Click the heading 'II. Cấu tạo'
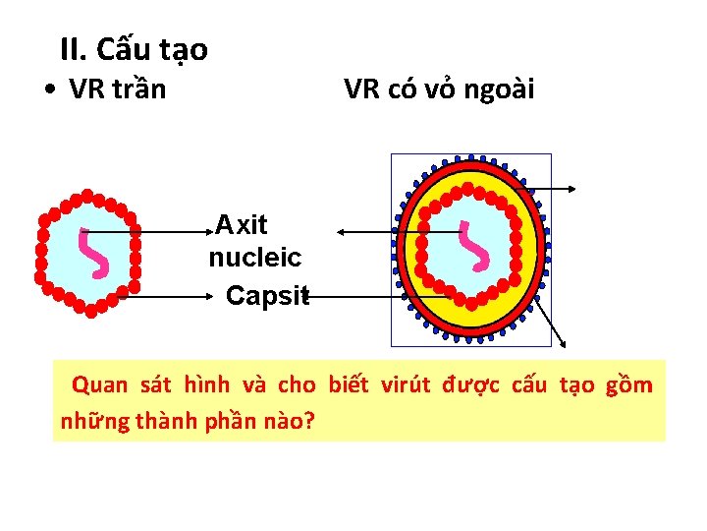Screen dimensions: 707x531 [134, 48]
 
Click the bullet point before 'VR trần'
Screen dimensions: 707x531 [50, 90]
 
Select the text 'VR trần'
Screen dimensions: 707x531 [118, 90]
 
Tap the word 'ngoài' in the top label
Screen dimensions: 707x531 [500, 90]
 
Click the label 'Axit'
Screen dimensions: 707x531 [242, 225]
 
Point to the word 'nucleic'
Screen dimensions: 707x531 [255, 259]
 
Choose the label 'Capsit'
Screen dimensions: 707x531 [266, 295]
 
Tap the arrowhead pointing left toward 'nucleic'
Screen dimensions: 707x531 [340, 232]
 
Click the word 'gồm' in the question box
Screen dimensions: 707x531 [629, 384]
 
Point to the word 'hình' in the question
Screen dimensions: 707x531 [206, 384]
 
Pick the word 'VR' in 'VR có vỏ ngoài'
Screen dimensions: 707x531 [360, 90]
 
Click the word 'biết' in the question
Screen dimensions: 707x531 [349, 384]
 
